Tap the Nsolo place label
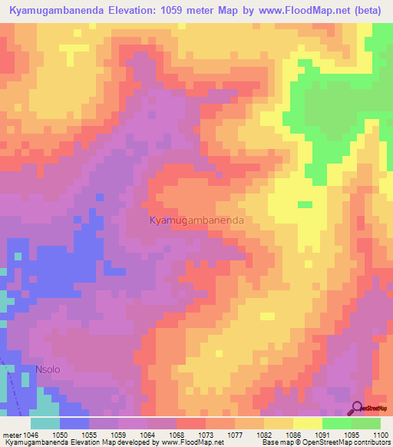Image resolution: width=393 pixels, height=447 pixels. pyautogui.click(x=47, y=370)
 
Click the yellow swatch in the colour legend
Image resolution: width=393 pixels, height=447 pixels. pyautogui.click(x=308, y=423)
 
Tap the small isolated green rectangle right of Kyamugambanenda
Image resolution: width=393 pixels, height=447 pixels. pyautogui.click(x=305, y=204)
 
